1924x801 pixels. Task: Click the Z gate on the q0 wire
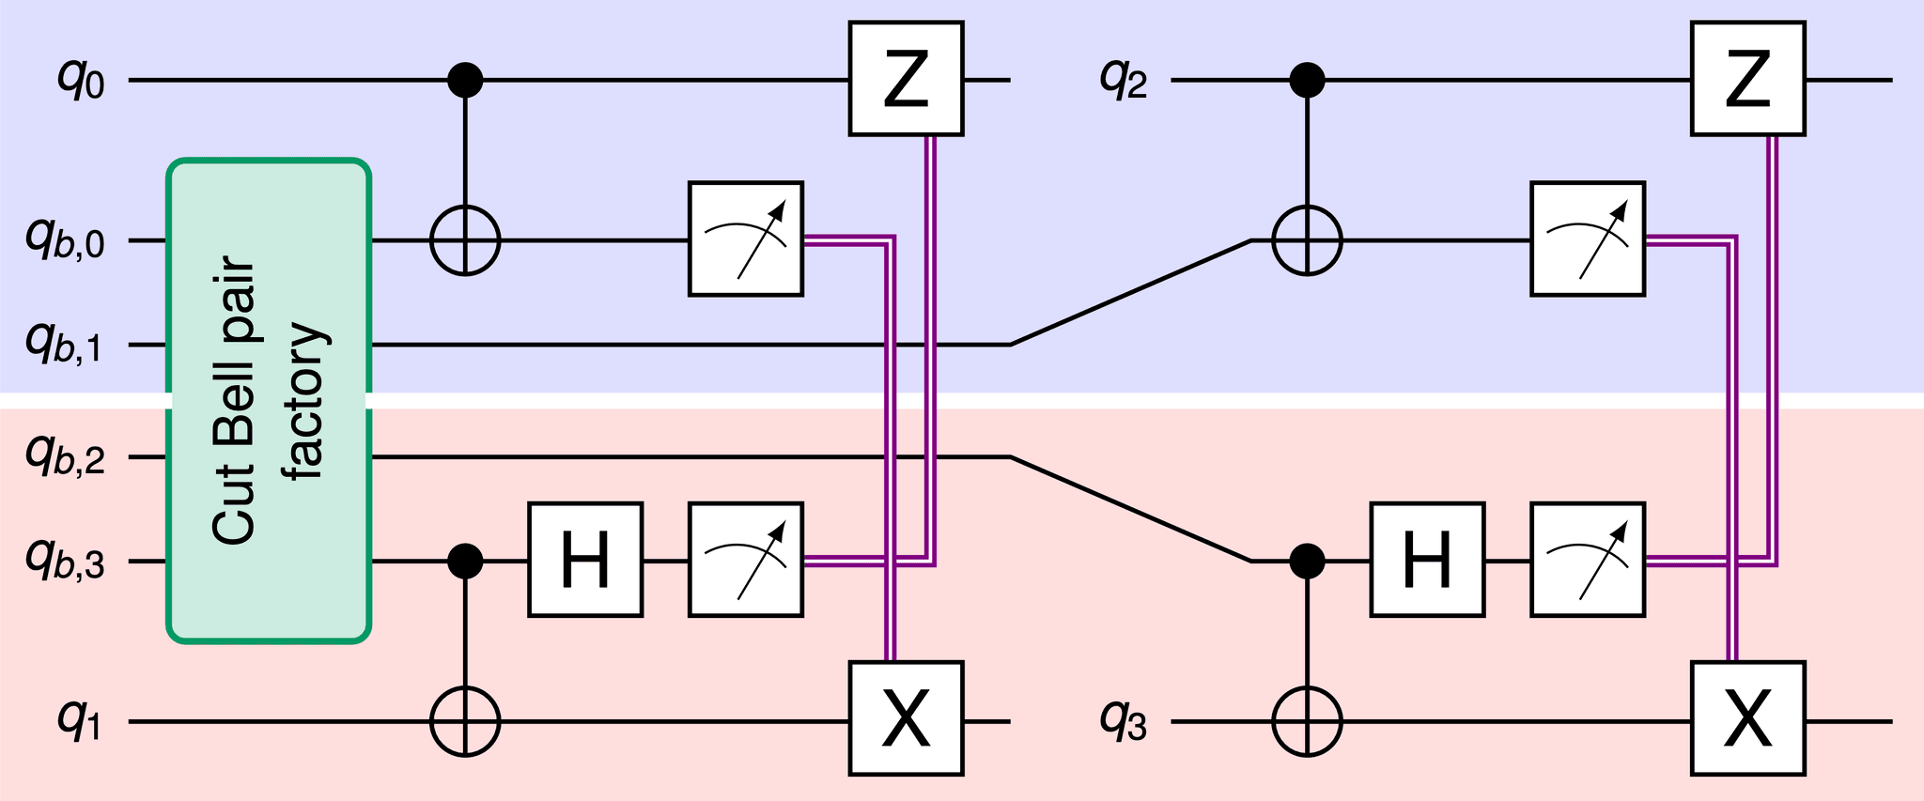tap(906, 80)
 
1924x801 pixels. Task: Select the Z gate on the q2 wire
tap(1747, 80)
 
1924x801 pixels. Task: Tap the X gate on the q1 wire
tap(906, 718)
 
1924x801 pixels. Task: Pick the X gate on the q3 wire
tap(1747, 718)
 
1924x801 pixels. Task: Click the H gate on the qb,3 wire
tap(585, 560)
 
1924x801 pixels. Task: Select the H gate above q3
tap(1427, 560)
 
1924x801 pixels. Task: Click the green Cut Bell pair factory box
tap(269, 401)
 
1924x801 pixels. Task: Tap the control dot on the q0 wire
tap(465, 80)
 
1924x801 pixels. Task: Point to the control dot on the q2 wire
tap(1307, 80)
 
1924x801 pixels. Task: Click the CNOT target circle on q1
tap(465, 721)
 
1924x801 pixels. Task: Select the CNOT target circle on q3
tap(1307, 721)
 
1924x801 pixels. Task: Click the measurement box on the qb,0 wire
tap(746, 239)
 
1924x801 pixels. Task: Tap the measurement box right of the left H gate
tap(746, 560)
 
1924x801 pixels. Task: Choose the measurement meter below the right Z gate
tap(1588, 239)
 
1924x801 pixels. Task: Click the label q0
tap(81, 81)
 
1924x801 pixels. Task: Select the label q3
tap(1124, 722)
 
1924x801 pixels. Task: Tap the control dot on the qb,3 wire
tap(465, 562)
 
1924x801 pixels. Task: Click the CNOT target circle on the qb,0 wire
tap(465, 240)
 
